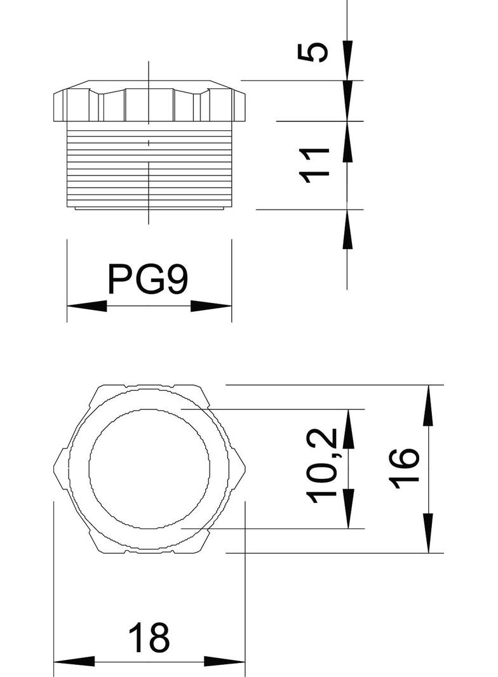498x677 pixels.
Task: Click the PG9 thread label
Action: (x=148, y=279)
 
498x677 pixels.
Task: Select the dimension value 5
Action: (x=314, y=51)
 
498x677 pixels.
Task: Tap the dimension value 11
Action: (x=316, y=165)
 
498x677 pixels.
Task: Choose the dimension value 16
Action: (x=404, y=468)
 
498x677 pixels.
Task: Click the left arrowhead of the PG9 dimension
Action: (x=86, y=306)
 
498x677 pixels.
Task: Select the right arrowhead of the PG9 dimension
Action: (x=212, y=306)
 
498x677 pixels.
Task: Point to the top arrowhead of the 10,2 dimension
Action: (x=347, y=429)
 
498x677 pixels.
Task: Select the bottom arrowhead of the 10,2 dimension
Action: (x=347, y=508)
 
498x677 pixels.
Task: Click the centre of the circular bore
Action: (x=149, y=468)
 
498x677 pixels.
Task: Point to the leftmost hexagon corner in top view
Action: (x=54, y=468)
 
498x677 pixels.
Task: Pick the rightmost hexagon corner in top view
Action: (x=245, y=468)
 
